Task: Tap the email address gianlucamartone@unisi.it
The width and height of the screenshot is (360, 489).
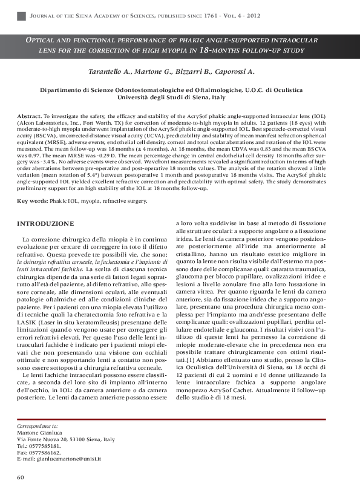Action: [x=67, y=459]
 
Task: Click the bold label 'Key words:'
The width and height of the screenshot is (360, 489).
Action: [x=31, y=200]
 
